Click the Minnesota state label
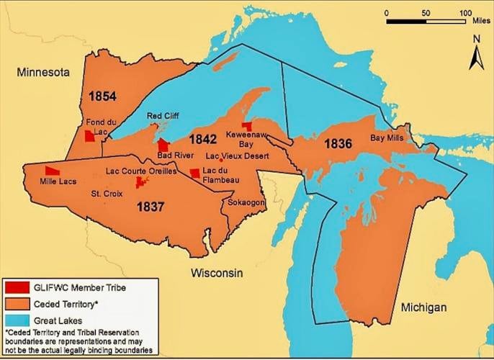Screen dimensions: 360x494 click(x=44, y=73)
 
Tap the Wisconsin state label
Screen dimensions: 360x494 click(x=217, y=273)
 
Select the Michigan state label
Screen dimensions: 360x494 click(x=423, y=307)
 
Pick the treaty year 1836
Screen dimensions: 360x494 click(x=338, y=143)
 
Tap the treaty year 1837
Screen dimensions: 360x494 click(x=151, y=207)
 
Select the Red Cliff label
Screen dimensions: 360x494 click(x=163, y=116)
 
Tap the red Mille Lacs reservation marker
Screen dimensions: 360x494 click(x=52, y=170)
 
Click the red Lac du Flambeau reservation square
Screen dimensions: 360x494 click(x=194, y=173)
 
